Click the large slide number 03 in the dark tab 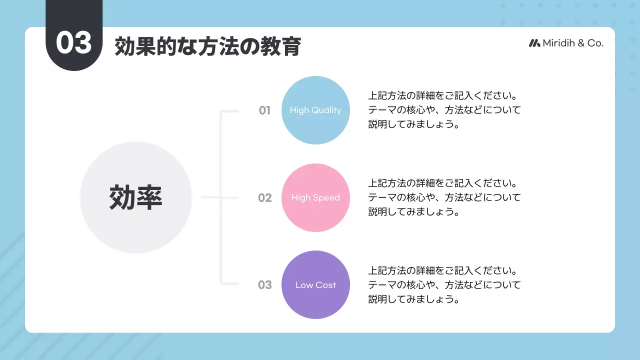point(74,43)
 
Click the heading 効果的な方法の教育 point(207,47)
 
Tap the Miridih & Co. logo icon point(534,43)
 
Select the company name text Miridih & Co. point(573,43)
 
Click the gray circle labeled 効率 point(136,197)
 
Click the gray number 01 point(264,110)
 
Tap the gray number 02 point(264,198)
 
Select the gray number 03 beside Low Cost point(264,285)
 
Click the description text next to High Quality point(444,109)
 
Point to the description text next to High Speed point(444,197)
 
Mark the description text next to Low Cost point(444,285)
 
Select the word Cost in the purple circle point(325,285)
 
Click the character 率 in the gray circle point(149,197)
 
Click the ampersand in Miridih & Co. point(581,43)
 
